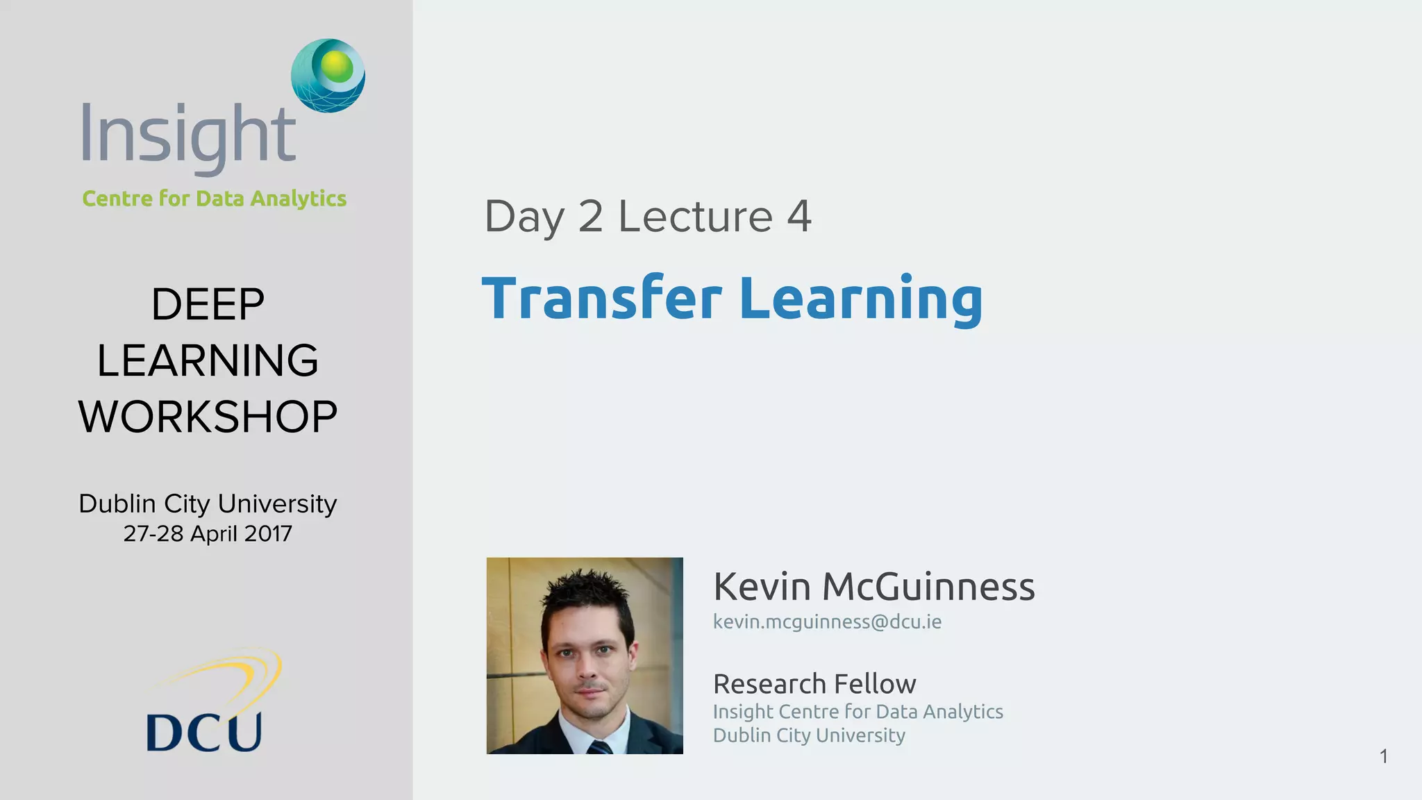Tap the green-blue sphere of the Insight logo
(x=328, y=75)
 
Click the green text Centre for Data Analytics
(x=214, y=199)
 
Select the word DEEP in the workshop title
(x=208, y=304)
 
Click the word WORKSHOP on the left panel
(x=208, y=417)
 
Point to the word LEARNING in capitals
(x=208, y=360)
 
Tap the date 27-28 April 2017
(x=208, y=533)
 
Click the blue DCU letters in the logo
(x=204, y=732)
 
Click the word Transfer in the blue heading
(x=602, y=299)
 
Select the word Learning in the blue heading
(x=861, y=299)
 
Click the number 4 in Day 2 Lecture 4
(x=799, y=216)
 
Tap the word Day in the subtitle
(x=524, y=216)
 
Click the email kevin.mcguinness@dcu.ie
(x=827, y=622)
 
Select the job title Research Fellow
(x=814, y=684)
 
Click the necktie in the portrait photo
(x=599, y=747)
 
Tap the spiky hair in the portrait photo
(x=587, y=590)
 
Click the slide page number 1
(x=1383, y=756)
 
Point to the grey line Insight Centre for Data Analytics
(x=858, y=712)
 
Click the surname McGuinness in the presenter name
(x=928, y=587)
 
